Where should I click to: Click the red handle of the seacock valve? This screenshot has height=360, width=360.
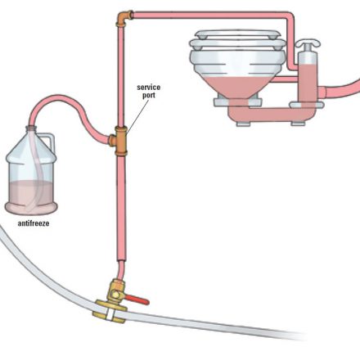(137, 299)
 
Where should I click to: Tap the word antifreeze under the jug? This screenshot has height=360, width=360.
(34, 223)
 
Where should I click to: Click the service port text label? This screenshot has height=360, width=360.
(148, 91)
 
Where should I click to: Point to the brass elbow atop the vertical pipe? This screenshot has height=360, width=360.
(124, 17)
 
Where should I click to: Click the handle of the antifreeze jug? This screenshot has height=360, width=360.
(50, 142)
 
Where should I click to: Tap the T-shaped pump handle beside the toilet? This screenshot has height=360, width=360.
(308, 43)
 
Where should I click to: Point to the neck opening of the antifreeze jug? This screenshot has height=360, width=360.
(32, 128)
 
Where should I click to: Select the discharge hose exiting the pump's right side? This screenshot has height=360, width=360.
(341, 88)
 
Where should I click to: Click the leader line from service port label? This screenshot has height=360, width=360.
(138, 116)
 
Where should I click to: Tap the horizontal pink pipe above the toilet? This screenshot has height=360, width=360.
(210, 15)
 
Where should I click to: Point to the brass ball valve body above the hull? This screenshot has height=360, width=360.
(116, 290)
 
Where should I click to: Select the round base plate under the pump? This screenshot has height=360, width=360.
(307, 105)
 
